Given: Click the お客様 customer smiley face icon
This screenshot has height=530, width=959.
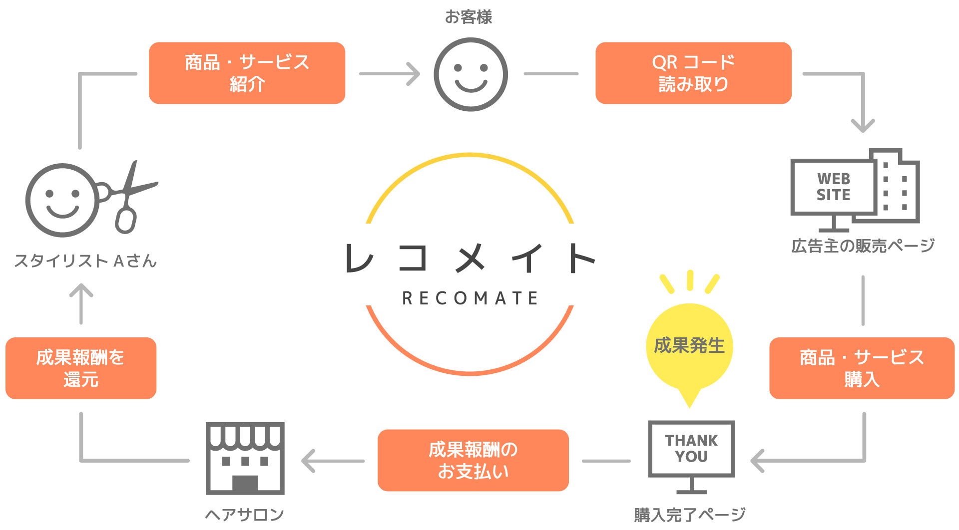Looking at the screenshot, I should pos(471,74).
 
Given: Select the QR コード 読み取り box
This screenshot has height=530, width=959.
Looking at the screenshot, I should pos(693,73).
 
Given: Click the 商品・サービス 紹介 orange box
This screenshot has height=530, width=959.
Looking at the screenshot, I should pos(247,73).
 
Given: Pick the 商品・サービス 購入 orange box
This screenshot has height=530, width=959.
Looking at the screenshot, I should pos(862,368).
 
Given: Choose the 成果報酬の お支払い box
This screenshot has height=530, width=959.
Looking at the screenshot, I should pos(473,460).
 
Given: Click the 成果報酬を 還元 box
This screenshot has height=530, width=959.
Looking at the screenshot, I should pos(81,368).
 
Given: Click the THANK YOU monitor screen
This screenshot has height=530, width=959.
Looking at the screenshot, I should pos(691,448).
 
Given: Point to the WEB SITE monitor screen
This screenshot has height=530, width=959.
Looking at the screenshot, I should pos(833,187).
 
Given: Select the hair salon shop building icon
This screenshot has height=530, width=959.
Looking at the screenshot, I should pos(245,458).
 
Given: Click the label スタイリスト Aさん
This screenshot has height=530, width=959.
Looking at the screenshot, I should pos(85,261).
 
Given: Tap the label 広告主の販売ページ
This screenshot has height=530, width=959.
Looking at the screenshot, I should pos(863,246).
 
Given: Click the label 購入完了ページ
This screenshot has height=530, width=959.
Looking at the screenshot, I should pos(690,515).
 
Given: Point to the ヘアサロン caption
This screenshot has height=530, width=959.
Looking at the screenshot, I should pos(245,515).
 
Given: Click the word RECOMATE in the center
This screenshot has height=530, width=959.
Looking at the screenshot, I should pos(470,298).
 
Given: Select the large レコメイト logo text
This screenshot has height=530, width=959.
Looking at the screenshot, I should pos(470,258).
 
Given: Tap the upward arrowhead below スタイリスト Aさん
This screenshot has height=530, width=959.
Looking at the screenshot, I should pos(81,291).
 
